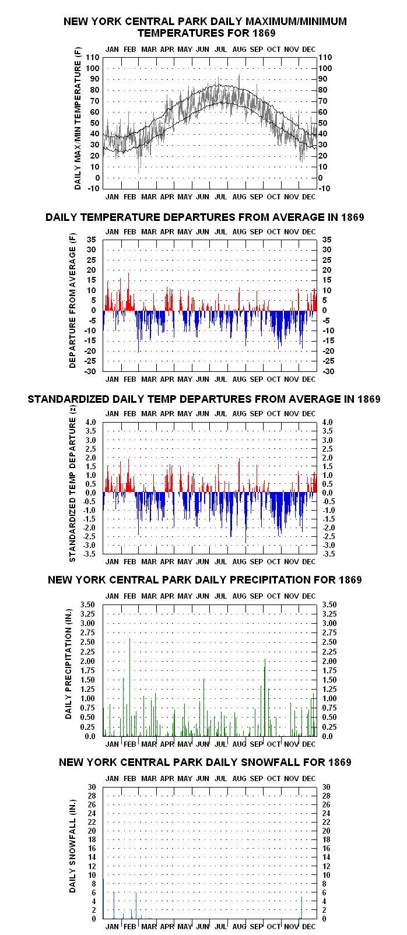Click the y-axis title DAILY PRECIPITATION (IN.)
(x=68, y=664)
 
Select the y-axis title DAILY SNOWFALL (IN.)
(x=73, y=846)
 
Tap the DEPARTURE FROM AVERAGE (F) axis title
(x=73, y=301)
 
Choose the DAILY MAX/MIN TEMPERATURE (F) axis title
(x=78, y=118)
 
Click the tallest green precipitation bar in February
(x=129, y=687)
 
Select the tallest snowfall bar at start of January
(x=104, y=898)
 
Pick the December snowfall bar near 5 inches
(x=302, y=908)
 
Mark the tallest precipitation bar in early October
(x=265, y=698)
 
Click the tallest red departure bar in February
(x=128, y=291)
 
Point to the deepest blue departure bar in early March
(x=139, y=332)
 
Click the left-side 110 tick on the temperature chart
(x=92, y=58)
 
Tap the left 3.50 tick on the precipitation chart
(x=87, y=605)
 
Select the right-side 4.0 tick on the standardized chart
(x=327, y=423)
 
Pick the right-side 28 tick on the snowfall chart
(x=326, y=796)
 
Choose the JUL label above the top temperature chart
(x=220, y=49)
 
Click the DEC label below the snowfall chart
(x=308, y=926)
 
